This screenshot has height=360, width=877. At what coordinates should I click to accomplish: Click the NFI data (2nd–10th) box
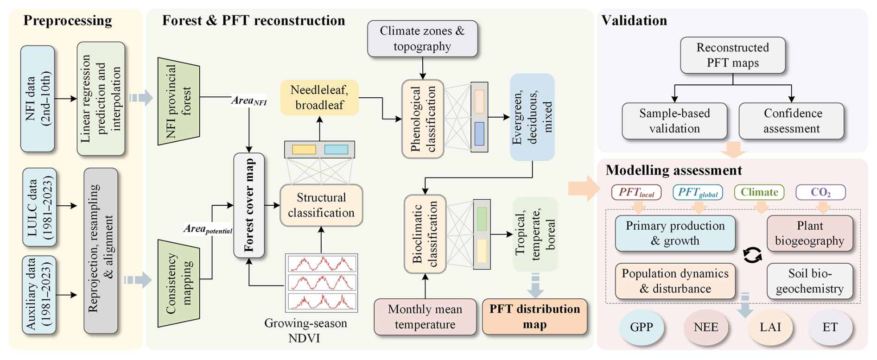(x=38, y=98)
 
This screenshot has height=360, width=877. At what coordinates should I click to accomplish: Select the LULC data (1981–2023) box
(x=40, y=207)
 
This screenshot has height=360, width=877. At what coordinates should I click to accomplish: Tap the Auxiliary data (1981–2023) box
(x=39, y=295)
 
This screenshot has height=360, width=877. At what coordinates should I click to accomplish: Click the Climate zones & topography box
(x=422, y=38)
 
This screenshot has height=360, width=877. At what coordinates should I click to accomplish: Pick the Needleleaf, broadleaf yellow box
(x=319, y=97)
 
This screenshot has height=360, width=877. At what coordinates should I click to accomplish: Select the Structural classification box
(x=321, y=205)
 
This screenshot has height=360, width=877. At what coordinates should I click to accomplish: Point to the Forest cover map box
(x=249, y=205)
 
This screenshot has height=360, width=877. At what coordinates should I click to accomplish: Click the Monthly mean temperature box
(x=425, y=317)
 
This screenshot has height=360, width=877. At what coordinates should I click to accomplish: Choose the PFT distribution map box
(x=534, y=317)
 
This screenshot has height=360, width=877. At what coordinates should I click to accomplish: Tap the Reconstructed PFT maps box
(x=732, y=55)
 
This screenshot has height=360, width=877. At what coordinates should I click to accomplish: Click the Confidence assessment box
(x=791, y=121)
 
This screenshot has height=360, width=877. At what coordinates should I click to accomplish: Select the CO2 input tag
(x=820, y=192)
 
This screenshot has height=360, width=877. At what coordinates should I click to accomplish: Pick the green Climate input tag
(x=759, y=192)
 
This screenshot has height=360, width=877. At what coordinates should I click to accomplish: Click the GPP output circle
(x=642, y=328)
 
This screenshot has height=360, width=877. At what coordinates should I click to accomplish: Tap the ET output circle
(x=830, y=328)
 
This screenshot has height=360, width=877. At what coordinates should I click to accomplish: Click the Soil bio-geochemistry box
(x=809, y=281)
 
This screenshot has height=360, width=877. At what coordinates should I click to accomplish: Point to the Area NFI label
(x=249, y=101)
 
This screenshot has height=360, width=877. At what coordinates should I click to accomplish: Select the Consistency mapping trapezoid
(x=179, y=284)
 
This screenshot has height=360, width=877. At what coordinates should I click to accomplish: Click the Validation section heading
(x=634, y=20)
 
